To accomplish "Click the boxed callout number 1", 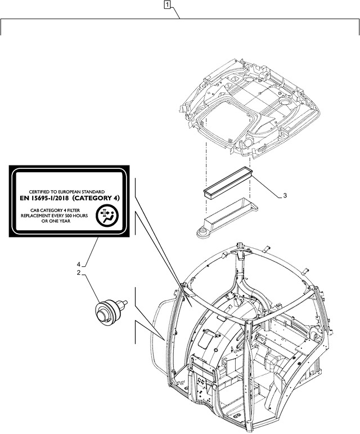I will [x=167, y=6].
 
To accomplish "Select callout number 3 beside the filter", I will [x=285, y=196].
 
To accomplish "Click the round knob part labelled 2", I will [x=106, y=310].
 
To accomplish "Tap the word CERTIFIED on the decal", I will [x=42, y=192].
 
